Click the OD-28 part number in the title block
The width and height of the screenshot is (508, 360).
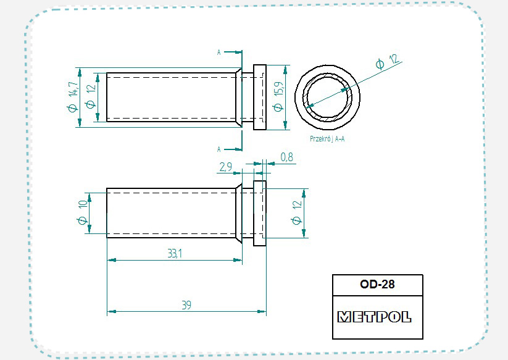[377, 284]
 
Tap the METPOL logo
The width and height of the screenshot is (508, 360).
[374, 317]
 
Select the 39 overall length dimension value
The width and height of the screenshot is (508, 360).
[186, 305]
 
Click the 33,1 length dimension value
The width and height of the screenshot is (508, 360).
[175, 253]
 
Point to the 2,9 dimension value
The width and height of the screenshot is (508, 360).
[226, 167]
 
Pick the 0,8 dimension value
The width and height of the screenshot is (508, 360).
[287, 157]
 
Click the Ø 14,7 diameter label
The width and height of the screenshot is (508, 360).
[73, 96]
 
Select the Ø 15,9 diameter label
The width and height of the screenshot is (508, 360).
[278, 96]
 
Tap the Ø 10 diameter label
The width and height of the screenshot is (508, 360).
[83, 212]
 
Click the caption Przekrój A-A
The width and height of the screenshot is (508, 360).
[327, 139]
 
